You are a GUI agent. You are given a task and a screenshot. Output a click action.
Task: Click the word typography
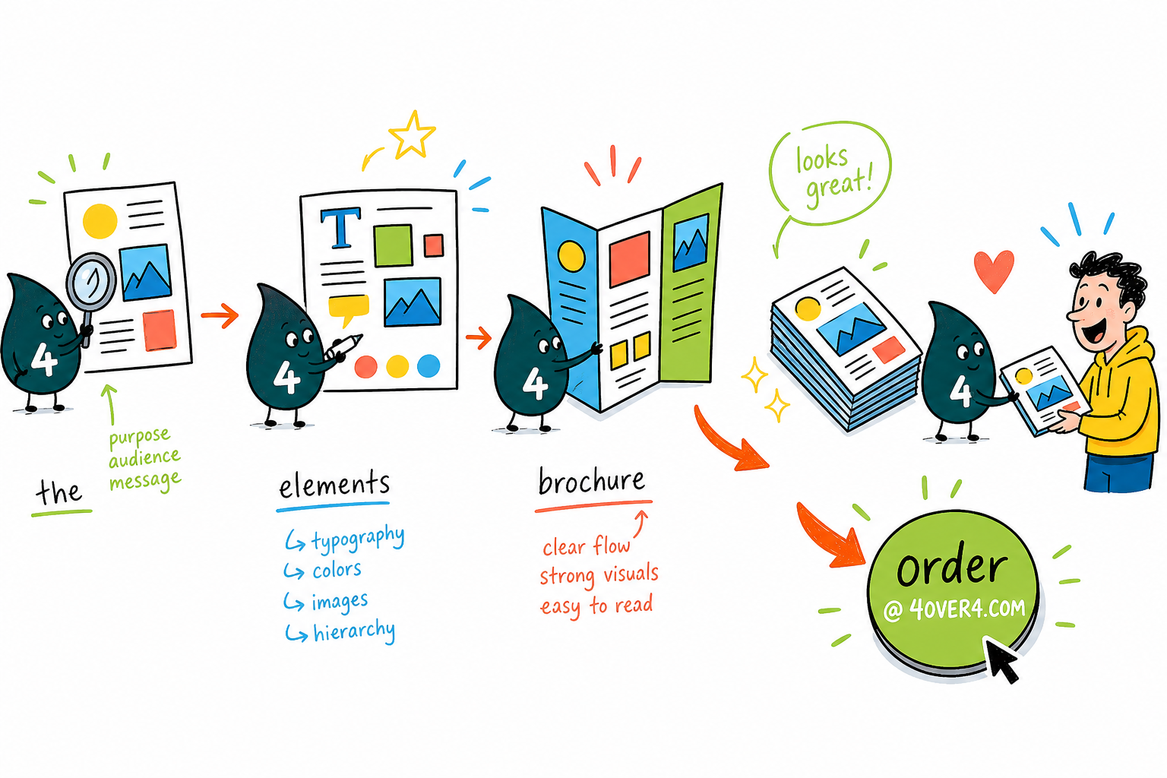coord(358,539)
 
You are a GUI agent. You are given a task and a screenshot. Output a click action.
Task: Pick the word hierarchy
coord(354,631)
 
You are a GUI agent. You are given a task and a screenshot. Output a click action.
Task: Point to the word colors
coord(337,570)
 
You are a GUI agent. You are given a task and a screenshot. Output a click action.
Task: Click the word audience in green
coord(144,458)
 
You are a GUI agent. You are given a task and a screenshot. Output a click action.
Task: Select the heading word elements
coord(334,484)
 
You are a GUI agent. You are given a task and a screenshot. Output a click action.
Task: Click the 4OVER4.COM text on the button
coord(967,608)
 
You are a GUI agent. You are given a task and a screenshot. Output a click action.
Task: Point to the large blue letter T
coord(340,228)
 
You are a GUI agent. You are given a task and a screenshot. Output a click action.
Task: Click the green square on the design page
coord(394,245)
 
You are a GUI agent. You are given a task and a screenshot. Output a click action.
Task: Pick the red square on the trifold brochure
coord(629,259)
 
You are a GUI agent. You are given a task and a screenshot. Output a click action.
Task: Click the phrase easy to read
coord(596,606)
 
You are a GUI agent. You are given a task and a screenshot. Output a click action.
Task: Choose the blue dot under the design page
coord(429,365)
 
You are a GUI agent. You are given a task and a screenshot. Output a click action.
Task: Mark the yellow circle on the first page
coord(100,221)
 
